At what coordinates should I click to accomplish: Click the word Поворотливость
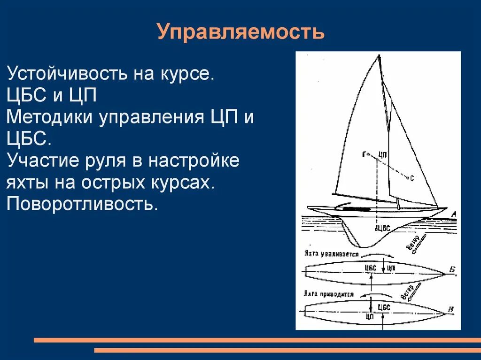point(81,204)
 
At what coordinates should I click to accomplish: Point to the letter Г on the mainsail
point(364,154)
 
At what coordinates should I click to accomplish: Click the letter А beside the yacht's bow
point(453,214)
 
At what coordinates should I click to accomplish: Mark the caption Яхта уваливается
point(331,254)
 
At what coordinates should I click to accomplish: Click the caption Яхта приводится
point(329,294)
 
